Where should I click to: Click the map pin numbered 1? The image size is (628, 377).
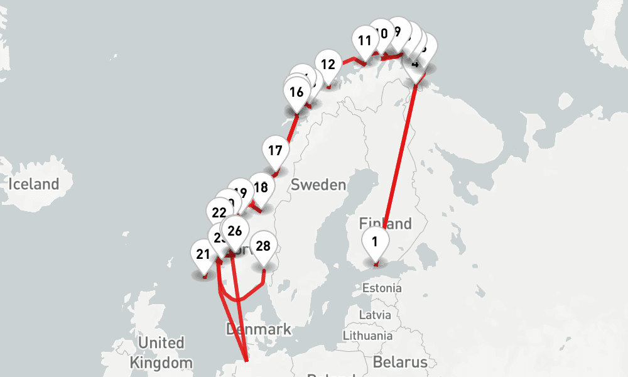(x=375, y=242)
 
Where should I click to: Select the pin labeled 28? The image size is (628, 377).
(x=264, y=246)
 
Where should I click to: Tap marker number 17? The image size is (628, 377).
(x=275, y=151)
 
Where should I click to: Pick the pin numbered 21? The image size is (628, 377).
(x=203, y=254)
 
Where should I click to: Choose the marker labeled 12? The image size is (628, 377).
(x=328, y=64)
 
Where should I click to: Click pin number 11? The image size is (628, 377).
(x=365, y=41)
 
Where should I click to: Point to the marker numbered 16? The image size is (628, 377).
(x=296, y=92)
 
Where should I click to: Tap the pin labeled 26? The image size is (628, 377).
(x=235, y=231)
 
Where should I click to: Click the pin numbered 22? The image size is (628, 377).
(x=219, y=212)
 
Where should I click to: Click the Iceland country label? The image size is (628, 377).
(x=34, y=184)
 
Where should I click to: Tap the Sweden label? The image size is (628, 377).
(x=318, y=185)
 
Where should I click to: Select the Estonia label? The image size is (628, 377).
(x=382, y=288)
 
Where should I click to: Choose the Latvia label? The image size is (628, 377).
(x=375, y=314)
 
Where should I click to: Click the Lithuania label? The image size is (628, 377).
(x=368, y=336)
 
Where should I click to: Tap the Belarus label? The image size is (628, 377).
(x=400, y=362)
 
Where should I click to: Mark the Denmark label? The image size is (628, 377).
(x=258, y=329)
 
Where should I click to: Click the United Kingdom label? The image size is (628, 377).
(x=161, y=352)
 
